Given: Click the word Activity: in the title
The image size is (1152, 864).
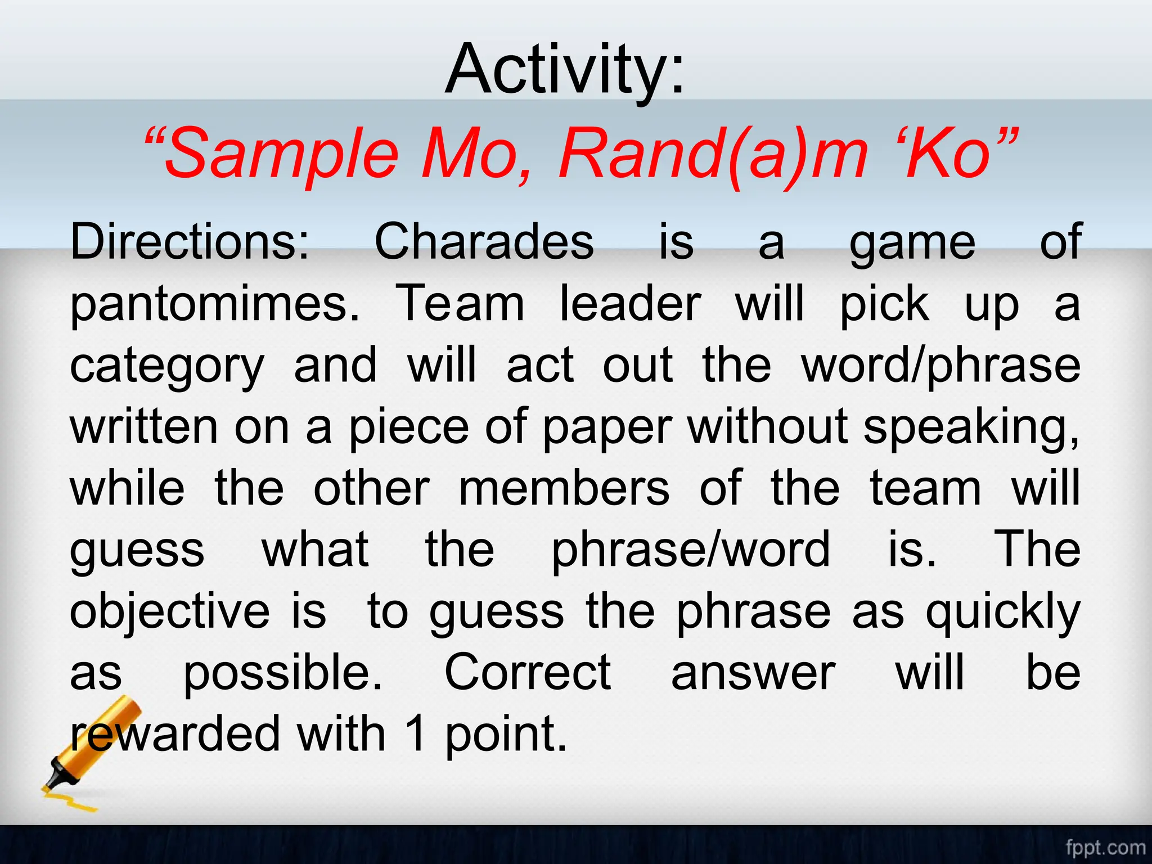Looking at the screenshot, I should point(565,70).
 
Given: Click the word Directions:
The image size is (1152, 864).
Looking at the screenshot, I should point(190,242).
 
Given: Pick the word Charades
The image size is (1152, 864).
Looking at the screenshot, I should point(484,242).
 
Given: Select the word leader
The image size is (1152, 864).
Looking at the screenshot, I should point(631,304).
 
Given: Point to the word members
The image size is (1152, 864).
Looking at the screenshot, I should point(564,488).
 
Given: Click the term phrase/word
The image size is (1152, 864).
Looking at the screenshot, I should point(690,551).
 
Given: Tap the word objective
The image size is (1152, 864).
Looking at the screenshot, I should point(169,613).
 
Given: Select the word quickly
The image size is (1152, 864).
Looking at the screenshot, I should point(1003,613).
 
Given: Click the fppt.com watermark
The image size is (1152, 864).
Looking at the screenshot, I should point(1105,847).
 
